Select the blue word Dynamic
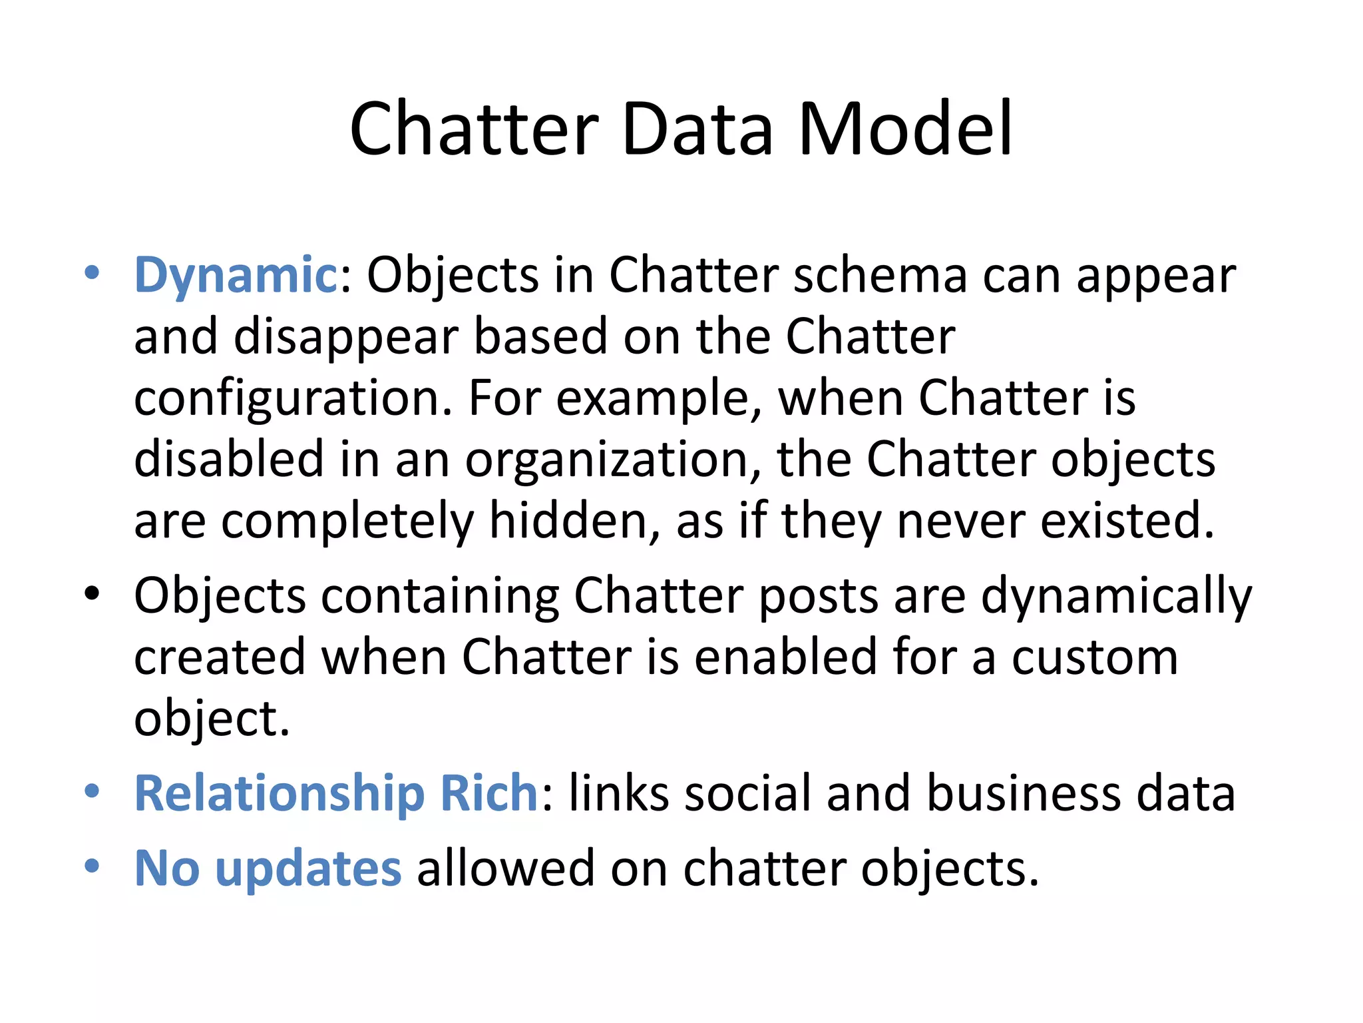click(x=236, y=275)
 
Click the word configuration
click(x=293, y=399)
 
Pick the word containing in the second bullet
click(x=440, y=595)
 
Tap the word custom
click(x=1095, y=657)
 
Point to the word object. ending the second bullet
click(x=212, y=719)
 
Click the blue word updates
click(x=308, y=868)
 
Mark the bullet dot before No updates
click(x=92, y=865)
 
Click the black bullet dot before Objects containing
click(x=92, y=592)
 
